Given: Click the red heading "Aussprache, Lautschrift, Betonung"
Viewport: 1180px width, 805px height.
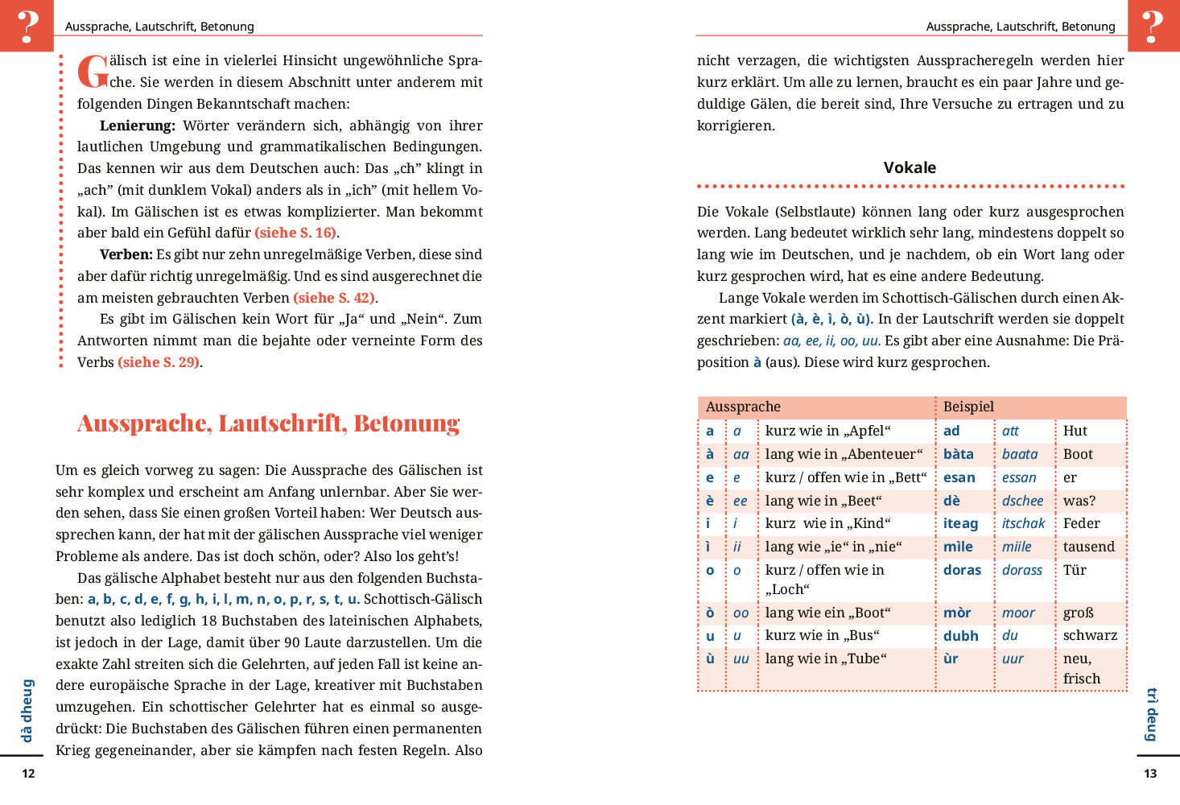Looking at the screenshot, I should pyautogui.click(x=268, y=423).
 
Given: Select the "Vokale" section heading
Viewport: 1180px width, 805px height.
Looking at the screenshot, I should pyautogui.click(x=910, y=167).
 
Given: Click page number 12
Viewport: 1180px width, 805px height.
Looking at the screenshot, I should pyautogui.click(x=28, y=774).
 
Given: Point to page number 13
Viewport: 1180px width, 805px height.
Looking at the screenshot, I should pyautogui.click(x=1150, y=774).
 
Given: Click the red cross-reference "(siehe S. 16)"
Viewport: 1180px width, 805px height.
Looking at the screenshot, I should pyautogui.click(x=295, y=233).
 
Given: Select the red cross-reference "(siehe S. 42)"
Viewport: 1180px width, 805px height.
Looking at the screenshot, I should pyautogui.click(x=334, y=298).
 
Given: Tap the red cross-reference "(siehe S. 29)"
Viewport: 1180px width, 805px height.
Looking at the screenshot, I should pyautogui.click(x=159, y=362).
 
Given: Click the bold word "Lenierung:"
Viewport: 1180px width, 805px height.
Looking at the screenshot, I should pyautogui.click(x=138, y=126).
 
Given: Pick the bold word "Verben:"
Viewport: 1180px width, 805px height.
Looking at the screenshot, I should pyautogui.click(x=126, y=254).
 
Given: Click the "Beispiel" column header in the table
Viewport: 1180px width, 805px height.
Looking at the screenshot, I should pyautogui.click(x=968, y=407).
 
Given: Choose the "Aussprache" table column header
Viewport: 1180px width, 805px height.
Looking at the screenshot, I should pyautogui.click(x=743, y=407).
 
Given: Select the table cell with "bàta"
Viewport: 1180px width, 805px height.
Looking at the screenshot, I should pyautogui.click(x=959, y=454).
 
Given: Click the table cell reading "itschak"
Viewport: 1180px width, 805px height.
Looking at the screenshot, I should pyautogui.click(x=1023, y=523).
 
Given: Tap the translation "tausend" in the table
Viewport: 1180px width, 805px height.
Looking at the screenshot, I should pyautogui.click(x=1088, y=547).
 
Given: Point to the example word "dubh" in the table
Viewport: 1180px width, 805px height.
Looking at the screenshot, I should pyautogui.click(x=961, y=636).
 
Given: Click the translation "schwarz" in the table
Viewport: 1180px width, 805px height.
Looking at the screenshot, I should pyautogui.click(x=1090, y=635).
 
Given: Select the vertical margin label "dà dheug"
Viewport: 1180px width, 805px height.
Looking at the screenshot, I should pyautogui.click(x=27, y=710).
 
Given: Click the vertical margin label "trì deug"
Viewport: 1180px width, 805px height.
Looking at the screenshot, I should pyautogui.click(x=1152, y=714).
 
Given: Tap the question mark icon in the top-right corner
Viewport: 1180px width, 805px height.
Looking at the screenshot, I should pyautogui.click(x=1153, y=26).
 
